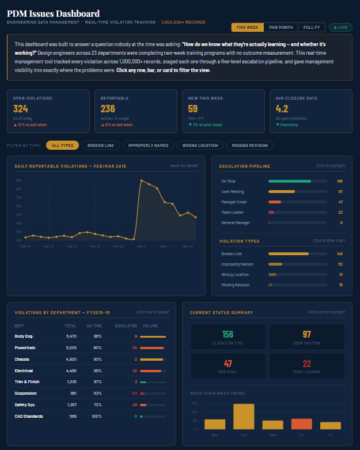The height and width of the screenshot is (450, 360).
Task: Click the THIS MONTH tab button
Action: click(x=281, y=27)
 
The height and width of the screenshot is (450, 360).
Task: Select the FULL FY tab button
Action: click(x=312, y=27)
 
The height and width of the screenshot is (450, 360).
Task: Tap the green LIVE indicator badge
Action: click(x=340, y=27)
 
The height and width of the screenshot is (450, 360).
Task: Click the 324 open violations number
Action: click(x=21, y=109)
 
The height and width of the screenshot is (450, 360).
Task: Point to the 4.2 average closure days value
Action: click(x=282, y=109)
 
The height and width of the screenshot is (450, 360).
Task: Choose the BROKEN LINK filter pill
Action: click(x=100, y=145)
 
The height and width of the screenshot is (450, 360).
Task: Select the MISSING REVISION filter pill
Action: click(x=249, y=145)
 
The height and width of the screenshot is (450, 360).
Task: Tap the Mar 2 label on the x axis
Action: click(x=141, y=246)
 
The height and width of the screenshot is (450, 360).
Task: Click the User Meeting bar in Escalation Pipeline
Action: click(x=282, y=191)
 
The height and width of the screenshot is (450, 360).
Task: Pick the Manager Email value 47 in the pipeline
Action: click(x=340, y=202)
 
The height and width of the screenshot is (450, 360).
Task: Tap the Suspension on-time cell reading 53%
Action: click(x=97, y=393)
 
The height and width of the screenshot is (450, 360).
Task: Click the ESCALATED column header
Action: click(x=126, y=326)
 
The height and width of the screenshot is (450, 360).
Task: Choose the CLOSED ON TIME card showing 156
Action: click(x=228, y=337)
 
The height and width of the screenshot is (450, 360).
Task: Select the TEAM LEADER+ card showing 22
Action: click(x=307, y=366)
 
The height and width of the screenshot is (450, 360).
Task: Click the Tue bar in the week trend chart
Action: click(x=244, y=416)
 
